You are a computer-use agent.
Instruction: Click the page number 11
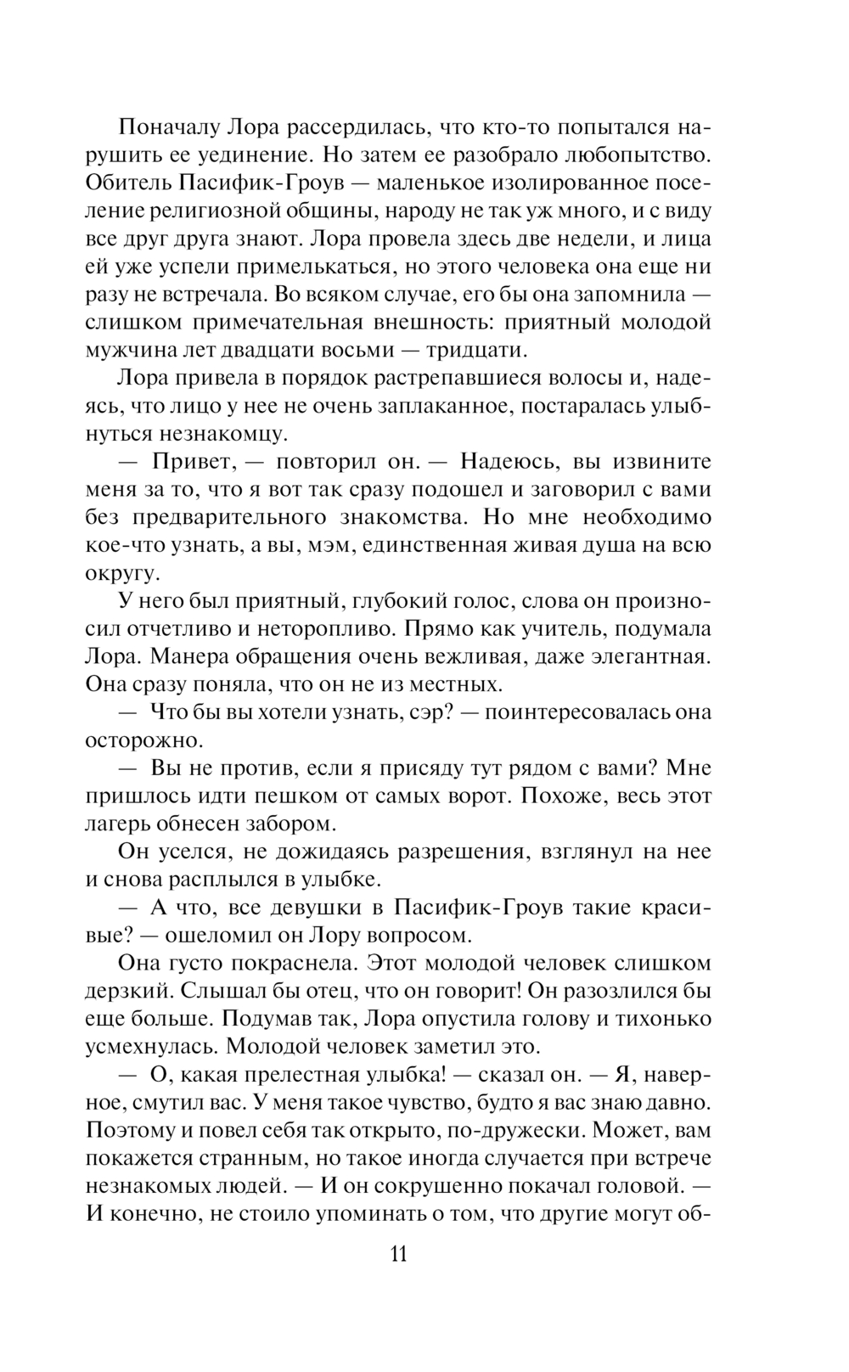(x=398, y=1254)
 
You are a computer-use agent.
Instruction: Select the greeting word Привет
(x=190, y=462)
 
